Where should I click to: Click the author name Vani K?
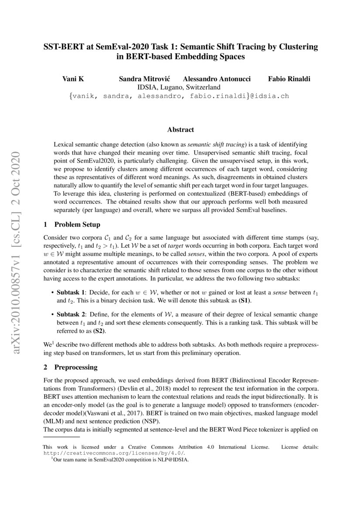click(74, 79)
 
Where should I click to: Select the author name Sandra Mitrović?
click(145, 79)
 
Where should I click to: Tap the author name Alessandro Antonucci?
click(217, 79)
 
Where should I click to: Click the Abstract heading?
click(180, 129)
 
